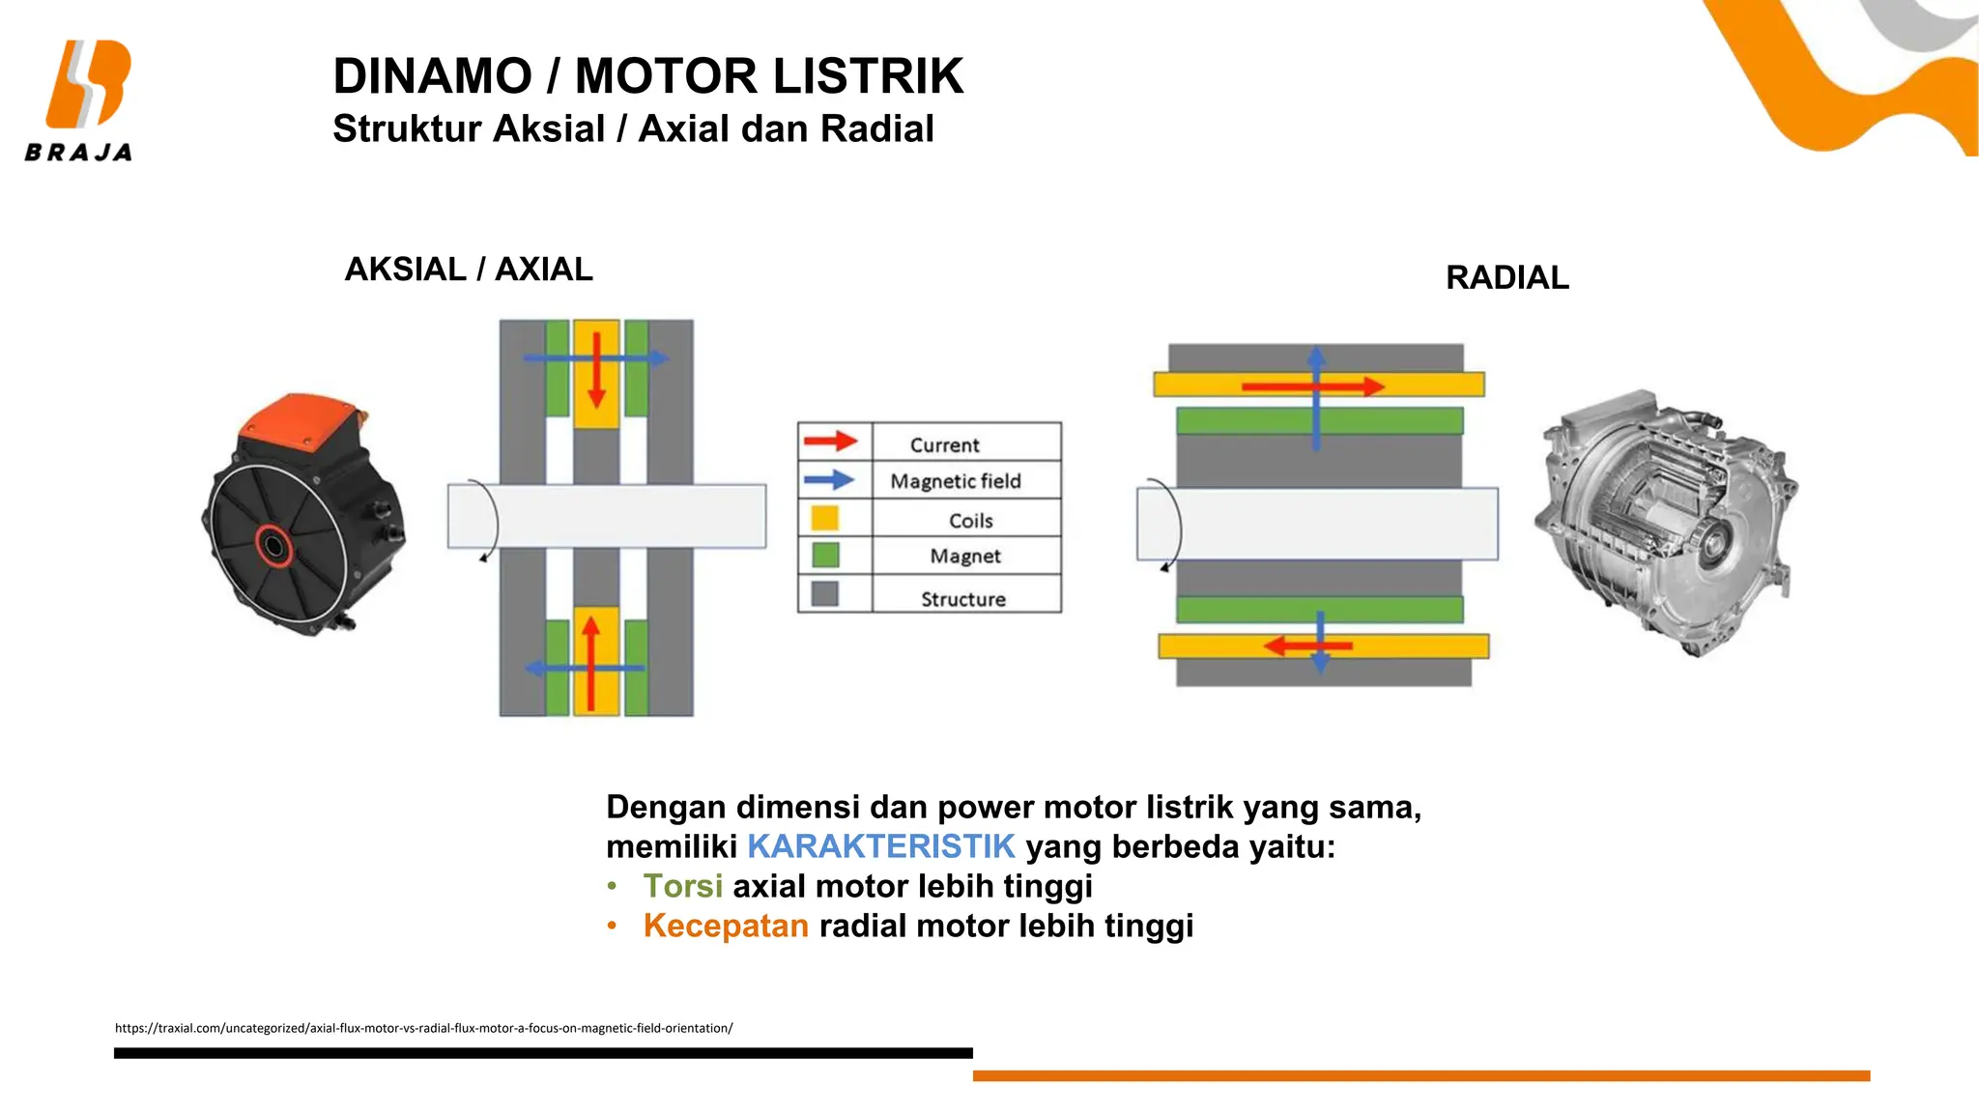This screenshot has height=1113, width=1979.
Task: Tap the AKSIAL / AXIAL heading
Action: point(469,270)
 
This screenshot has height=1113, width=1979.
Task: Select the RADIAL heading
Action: point(1506,278)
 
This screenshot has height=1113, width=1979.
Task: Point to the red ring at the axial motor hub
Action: point(273,547)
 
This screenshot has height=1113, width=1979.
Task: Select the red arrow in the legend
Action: point(830,442)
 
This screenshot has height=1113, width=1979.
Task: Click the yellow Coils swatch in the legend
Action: point(824,518)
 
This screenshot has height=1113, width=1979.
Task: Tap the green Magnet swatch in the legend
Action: point(825,556)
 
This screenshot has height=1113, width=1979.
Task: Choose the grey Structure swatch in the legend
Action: point(824,593)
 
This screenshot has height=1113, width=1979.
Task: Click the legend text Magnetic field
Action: point(955,481)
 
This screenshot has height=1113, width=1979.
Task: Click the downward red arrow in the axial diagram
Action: point(596,371)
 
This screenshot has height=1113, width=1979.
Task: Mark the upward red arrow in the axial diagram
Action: point(590,663)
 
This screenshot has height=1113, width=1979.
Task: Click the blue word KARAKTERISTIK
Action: point(880,846)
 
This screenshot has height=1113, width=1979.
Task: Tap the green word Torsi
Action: point(682,886)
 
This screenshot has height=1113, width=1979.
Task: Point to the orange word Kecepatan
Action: point(725,926)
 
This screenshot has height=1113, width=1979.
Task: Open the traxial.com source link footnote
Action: point(423,1028)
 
